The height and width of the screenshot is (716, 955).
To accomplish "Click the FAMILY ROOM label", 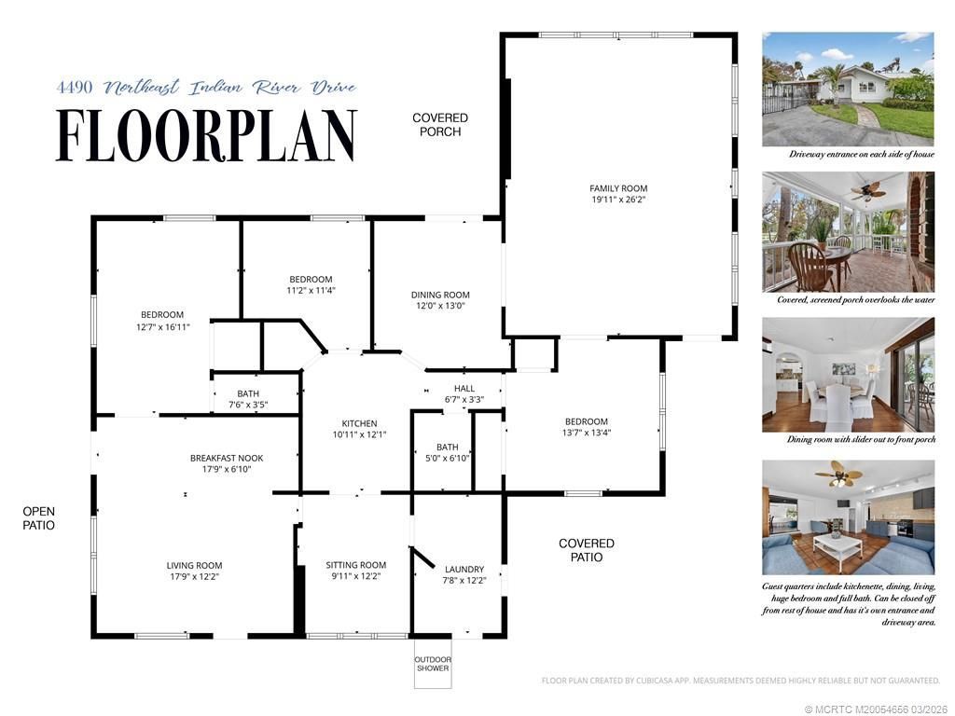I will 617,188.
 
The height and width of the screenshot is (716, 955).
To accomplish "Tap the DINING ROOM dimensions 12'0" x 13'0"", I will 440,306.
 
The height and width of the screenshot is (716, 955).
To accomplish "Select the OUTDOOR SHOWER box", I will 432,664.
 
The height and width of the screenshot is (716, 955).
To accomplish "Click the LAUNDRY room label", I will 464,570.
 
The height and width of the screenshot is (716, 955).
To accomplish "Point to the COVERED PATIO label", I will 586,550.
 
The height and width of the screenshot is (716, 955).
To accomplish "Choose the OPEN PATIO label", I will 39,518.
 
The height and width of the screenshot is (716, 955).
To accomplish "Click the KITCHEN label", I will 359,423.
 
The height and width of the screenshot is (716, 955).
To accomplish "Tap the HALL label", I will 464,389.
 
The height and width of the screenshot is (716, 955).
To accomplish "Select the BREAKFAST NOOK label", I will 227,458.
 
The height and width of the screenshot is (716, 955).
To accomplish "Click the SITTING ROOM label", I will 355,565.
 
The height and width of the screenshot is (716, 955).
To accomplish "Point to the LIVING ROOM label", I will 194,565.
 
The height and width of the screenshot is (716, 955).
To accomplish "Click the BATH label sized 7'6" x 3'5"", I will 248,393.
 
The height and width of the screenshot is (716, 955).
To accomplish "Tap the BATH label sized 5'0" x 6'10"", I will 447,447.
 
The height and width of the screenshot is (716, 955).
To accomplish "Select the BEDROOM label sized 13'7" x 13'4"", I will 585,421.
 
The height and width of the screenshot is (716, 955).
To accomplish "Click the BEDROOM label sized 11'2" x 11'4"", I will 311,280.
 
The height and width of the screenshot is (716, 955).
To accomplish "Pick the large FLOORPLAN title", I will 206,136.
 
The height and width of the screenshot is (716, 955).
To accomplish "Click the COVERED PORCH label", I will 440,125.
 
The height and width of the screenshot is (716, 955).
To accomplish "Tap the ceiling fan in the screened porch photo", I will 866,192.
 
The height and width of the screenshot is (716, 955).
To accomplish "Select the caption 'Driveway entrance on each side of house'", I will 848,154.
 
